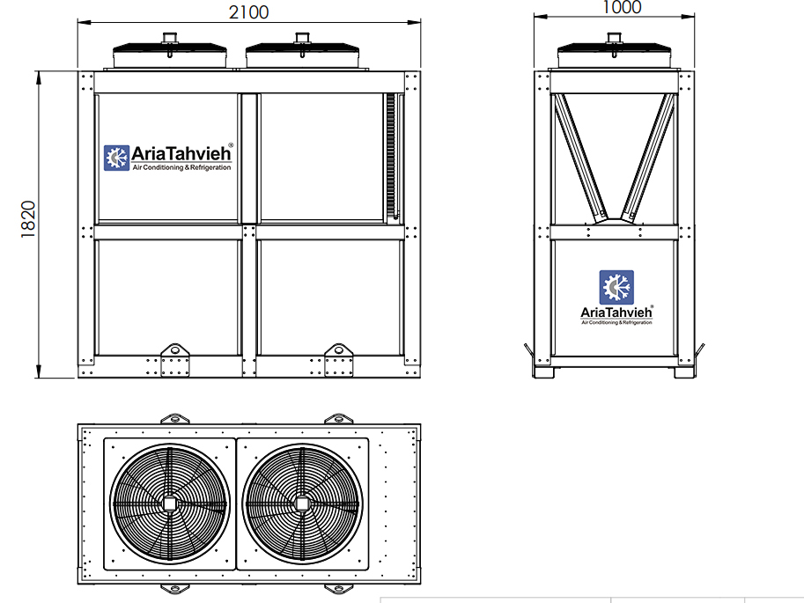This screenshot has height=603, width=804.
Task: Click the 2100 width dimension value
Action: click(248, 11)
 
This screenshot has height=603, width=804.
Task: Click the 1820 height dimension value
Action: click(28, 219)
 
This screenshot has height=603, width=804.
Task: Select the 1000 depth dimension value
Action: click(622, 7)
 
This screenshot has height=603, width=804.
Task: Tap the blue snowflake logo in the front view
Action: click(116, 158)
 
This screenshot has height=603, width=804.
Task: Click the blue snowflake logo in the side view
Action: click(616, 287)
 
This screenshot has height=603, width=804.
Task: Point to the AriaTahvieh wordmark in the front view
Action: click(181, 153)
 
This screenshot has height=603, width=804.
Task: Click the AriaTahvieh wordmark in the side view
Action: click(616, 313)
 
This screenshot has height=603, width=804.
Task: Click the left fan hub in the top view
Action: click(170, 504)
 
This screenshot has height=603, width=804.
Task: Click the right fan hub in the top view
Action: click(302, 504)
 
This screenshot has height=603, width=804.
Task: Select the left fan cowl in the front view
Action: click(170, 55)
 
